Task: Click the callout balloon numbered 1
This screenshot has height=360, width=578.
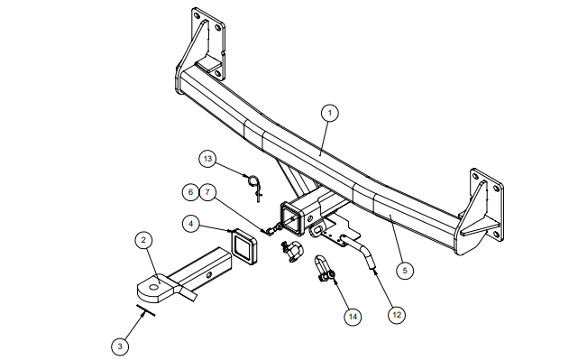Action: coord(329,113)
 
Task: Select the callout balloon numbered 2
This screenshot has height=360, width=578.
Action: coord(143,240)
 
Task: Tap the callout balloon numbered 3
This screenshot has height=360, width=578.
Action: coord(120,346)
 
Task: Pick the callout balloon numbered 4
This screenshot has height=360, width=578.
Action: coord(190,224)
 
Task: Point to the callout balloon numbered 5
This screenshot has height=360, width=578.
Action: coord(405,271)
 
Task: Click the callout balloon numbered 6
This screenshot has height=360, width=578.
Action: coord(190,192)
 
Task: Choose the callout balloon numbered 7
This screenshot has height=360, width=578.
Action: coord(207,192)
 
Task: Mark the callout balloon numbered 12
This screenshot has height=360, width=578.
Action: coord(397,315)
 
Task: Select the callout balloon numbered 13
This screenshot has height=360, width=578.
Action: coord(207,159)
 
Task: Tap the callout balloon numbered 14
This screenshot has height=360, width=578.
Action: coord(353,317)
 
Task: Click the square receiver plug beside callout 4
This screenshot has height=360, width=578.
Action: coord(243,246)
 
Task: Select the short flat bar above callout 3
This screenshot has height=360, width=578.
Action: coord(145,310)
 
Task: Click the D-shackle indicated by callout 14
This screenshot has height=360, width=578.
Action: coord(324,269)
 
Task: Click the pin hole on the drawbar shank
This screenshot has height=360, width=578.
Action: coord(209,274)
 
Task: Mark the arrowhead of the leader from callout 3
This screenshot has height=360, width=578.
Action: coord(143,312)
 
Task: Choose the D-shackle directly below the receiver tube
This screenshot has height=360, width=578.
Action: coord(291,251)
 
